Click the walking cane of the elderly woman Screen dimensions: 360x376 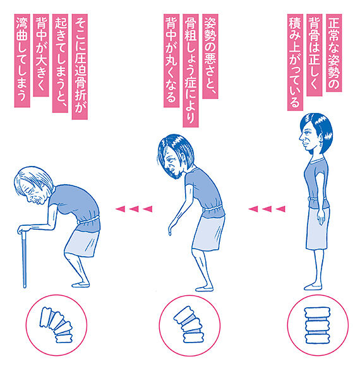[24, 259]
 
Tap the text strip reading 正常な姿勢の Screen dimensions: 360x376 [334, 53]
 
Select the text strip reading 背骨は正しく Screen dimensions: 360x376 [315, 55]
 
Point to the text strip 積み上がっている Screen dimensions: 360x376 [295, 62]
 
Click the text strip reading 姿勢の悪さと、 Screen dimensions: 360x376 [210, 56]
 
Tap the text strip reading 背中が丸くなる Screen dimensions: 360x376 [171, 61]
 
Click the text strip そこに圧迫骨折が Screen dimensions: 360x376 [80, 67]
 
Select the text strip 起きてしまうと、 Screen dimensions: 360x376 [60, 63]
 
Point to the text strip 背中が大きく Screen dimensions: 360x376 [41, 55]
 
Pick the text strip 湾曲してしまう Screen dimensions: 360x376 [22, 61]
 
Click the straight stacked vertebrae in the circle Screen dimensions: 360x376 [317, 325]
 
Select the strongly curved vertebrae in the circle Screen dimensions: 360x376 [57, 325]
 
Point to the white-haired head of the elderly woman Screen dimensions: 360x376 [33, 185]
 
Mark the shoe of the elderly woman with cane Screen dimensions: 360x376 [81, 285]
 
